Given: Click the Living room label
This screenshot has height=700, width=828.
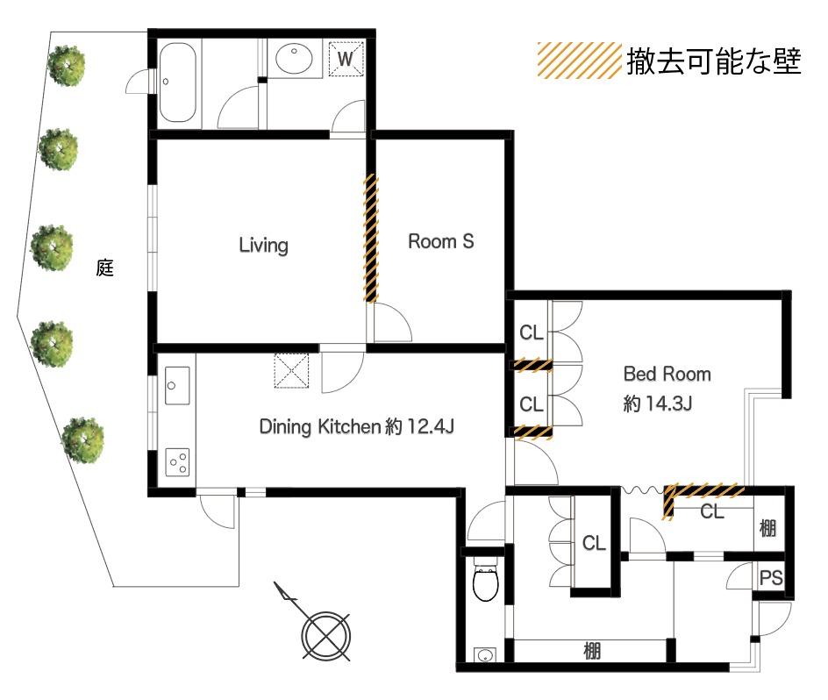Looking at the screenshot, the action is click(263, 245).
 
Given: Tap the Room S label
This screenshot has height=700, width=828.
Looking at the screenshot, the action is click(441, 241).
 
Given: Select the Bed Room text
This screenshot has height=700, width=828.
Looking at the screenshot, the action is click(667, 374).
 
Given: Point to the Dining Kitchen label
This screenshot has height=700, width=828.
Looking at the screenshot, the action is click(320, 427).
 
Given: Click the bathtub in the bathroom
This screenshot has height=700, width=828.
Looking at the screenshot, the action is click(177, 82).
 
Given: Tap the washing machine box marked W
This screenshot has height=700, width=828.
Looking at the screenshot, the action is click(346, 59).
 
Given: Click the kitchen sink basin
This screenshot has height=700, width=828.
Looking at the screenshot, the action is click(177, 386).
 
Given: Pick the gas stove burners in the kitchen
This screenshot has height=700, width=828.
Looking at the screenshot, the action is click(177, 462).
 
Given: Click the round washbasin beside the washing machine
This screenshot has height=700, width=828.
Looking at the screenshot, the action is click(294, 59).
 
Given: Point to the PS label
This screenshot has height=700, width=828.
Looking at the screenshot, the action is click(770, 578).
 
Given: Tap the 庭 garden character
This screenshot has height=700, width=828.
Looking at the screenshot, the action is click(105, 268).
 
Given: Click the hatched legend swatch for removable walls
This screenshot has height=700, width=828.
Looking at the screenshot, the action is click(579, 61).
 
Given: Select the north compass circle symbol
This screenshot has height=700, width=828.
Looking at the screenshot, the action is click(325, 636).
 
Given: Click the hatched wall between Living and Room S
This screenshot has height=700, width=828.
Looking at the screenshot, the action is click(371, 239).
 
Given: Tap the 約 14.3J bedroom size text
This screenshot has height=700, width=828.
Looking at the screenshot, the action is click(658, 404).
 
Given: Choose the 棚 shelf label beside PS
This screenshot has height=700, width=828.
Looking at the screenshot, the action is click(767, 528).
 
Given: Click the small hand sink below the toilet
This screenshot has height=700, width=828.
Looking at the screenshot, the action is click(485, 655).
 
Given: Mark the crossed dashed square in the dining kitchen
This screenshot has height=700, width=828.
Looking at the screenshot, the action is click(291, 371).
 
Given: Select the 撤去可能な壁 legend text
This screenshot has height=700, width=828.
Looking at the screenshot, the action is click(714, 61).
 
